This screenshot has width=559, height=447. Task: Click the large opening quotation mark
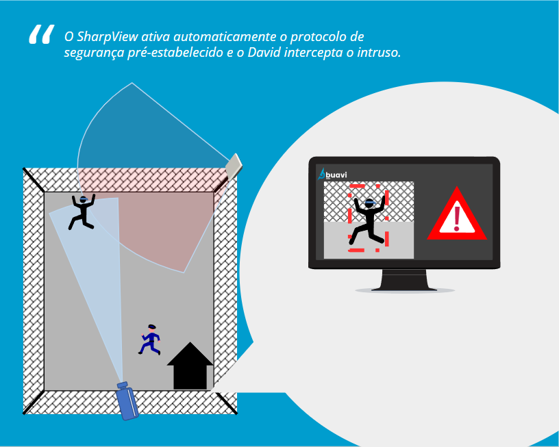pyautogui.click(x=40, y=36)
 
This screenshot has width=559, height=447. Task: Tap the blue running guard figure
pyautogui.click(x=150, y=340)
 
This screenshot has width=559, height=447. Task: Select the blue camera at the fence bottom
pyautogui.click(x=127, y=403)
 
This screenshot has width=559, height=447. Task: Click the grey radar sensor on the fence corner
pyautogui.click(x=234, y=165)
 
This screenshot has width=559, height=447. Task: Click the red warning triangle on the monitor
pyautogui.click(x=456, y=216)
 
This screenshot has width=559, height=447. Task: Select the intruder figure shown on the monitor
pyautogui.click(x=367, y=220)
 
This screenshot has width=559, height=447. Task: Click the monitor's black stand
pyautogui.click(x=404, y=279)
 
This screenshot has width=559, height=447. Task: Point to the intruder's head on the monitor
pyautogui.click(x=369, y=203)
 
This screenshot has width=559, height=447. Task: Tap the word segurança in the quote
pyautogui.click(x=95, y=53)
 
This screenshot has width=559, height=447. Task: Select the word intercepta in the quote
pyautogui.click(x=328, y=53)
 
